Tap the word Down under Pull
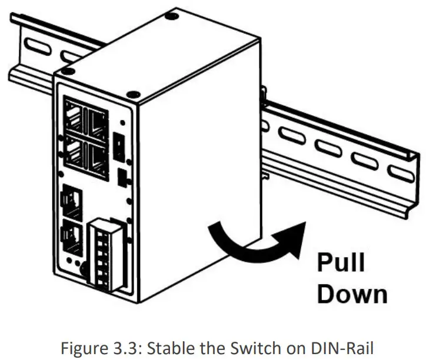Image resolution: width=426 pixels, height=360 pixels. pyautogui.click(x=352, y=294)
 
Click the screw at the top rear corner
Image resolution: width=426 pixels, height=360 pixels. pyautogui.click(x=170, y=15)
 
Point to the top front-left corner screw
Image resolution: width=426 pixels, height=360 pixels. pyautogui.click(x=68, y=72)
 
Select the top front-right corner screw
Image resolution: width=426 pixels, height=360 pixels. pyautogui.click(x=133, y=94)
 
